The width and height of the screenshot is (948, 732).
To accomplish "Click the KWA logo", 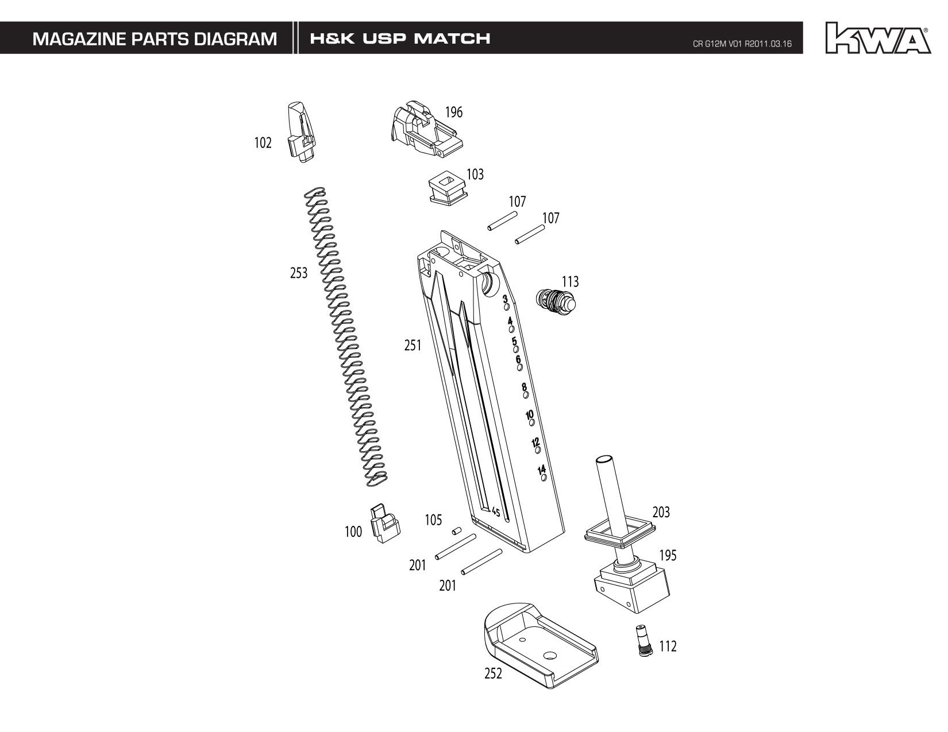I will click(877, 38).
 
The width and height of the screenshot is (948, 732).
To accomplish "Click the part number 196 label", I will click(453, 112).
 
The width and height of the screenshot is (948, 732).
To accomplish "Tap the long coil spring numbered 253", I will click(345, 339).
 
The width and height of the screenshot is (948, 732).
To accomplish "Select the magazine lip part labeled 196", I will click(425, 131).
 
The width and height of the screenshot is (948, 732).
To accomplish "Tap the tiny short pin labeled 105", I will click(457, 531).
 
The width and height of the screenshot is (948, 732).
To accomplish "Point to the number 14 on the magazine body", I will click(541, 470).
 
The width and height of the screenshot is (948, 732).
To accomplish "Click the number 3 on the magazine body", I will click(505, 299).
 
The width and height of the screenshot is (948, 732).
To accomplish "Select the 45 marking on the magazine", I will click(495, 512).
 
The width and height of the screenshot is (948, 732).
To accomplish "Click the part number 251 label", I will click(413, 346).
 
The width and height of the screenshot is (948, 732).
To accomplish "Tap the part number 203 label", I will click(661, 512).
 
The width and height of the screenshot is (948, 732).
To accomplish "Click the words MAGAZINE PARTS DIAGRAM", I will click(155, 39).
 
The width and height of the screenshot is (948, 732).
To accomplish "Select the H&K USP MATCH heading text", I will click(400, 39).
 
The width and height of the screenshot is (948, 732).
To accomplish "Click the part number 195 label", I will click(668, 556).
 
